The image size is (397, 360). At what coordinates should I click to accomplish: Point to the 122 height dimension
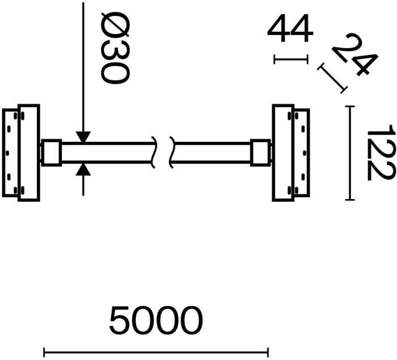tap(379, 153)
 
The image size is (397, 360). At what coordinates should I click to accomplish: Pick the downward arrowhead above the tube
tap(83, 137)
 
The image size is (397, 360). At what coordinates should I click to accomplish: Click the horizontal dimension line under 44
tap(290, 59)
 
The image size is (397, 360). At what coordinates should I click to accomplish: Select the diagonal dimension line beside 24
tap(333, 79)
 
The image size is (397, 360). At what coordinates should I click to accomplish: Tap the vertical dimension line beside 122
tap(350, 153)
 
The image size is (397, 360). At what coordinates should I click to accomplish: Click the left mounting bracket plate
tap(28, 153)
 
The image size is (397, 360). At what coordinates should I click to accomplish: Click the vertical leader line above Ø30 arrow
tap(83, 68)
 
